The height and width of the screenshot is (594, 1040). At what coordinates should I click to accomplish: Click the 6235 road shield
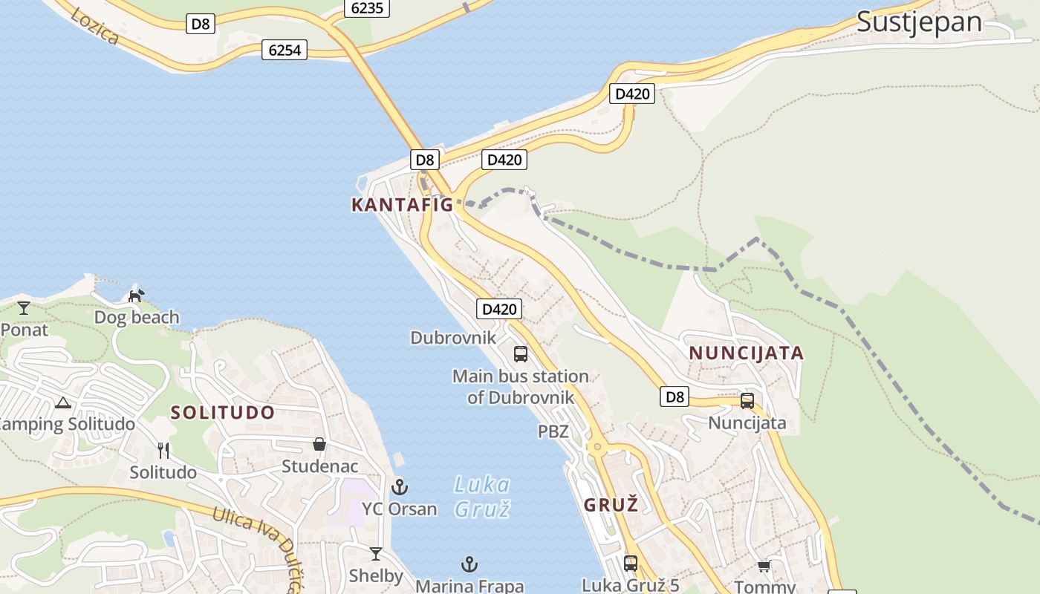[367, 7]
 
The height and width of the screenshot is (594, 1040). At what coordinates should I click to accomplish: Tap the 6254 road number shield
[285, 50]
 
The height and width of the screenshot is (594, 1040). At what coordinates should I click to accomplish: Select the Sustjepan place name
[919, 22]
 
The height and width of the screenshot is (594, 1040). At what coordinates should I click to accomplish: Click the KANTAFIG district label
[402, 205]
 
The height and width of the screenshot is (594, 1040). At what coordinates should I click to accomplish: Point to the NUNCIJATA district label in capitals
[746, 353]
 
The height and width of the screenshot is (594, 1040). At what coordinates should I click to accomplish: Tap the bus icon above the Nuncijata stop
[747, 401]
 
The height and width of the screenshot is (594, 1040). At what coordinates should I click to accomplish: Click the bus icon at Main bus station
[521, 354]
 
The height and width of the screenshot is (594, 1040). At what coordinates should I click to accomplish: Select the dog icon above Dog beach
[136, 296]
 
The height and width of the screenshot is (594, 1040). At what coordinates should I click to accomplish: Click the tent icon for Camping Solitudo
[62, 403]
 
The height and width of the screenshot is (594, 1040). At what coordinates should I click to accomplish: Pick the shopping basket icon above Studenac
[319, 444]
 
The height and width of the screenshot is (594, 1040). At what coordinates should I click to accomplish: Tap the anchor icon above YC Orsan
[400, 487]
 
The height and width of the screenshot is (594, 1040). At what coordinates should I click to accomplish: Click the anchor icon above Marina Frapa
[469, 564]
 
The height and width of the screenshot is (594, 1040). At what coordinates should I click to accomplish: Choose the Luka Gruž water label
[482, 497]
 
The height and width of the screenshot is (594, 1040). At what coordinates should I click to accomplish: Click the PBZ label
[553, 431]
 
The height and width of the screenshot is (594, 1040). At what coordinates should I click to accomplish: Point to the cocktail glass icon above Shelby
[376, 554]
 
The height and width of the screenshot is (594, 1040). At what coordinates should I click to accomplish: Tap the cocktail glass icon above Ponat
[24, 307]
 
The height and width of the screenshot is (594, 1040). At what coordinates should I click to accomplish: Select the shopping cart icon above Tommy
[764, 567]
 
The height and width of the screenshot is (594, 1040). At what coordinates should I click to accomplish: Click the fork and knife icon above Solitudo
[163, 450]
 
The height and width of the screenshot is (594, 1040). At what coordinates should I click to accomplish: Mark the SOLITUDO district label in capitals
[223, 413]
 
